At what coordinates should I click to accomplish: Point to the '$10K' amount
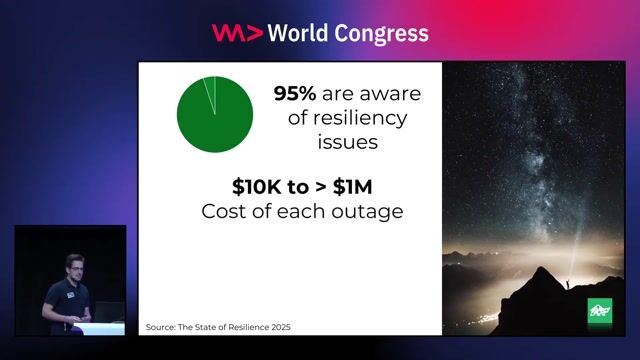pos(255,186)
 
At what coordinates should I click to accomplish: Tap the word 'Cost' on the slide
pos(222,211)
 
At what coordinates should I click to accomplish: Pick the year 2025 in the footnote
pos(285,327)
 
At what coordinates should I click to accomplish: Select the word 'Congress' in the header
pos(385,33)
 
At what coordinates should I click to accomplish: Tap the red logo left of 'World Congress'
pos(237,33)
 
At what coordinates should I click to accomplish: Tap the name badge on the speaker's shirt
pos(62,294)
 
